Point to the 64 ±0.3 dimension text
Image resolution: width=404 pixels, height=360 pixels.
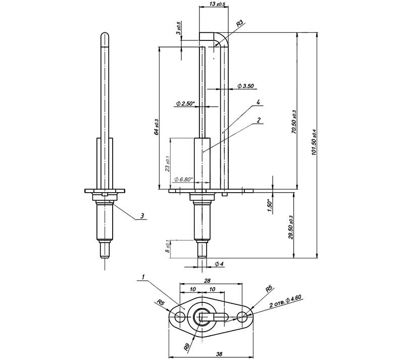click(x=157, y=127)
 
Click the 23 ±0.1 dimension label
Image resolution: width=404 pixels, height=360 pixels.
click(x=168, y=163)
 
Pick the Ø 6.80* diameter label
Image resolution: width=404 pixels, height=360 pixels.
click(x=183, y=179)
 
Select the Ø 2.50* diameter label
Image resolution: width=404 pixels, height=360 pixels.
click(x=185, y=104)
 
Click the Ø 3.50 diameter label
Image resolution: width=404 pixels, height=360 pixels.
click(x=245, y=86)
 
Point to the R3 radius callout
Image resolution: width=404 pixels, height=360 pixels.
click(x=240, y=23)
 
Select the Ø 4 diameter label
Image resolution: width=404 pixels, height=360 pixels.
click(x=219, y=264)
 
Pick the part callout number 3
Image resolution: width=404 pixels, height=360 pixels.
click(x=142, y=216)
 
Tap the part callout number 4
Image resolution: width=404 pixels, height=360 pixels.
click(x=258, y=102)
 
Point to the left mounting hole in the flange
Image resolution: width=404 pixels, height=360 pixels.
click(x=180, y=318)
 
